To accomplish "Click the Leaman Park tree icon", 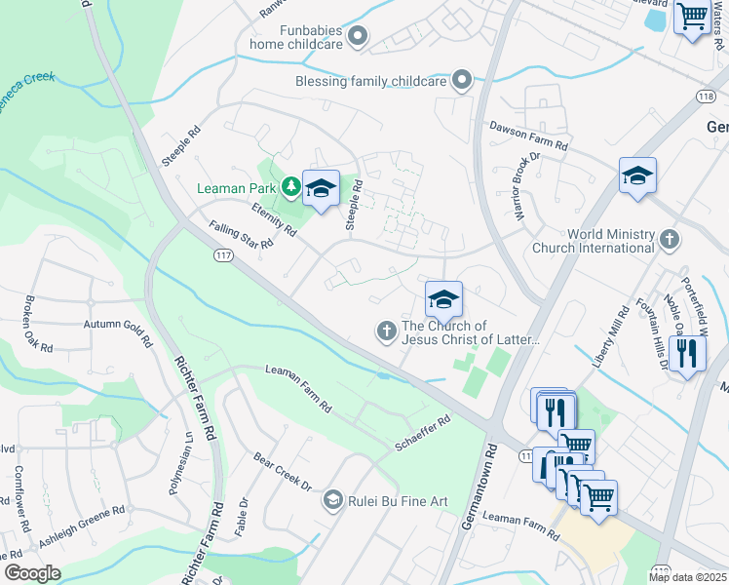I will [x=289, y=185].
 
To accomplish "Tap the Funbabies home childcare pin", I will [x=358, y=38].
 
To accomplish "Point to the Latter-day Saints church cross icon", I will [x=386, y=332].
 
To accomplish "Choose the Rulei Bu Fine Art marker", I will [x=332, y=500].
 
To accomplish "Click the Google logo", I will [x=32, y=572].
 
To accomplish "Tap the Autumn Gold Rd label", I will [x=119, y=331].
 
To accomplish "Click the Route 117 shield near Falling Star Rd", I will [x=224, y=254].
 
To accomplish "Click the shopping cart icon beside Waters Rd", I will [x=691, y=16].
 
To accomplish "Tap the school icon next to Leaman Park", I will [x=320, y=189].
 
